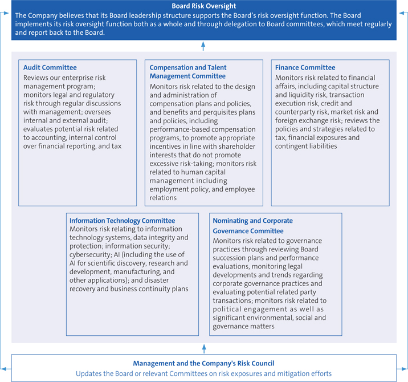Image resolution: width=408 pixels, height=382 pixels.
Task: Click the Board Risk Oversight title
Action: [x=203, y=6]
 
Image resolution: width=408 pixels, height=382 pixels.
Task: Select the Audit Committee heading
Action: [x=50, y=67]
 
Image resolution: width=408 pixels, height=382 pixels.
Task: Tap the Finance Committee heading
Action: [x=305, y=67]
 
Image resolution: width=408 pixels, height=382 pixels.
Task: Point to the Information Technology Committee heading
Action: [x=122, y=220]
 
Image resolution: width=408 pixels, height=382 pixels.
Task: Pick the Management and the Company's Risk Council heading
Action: [x=203, y=363]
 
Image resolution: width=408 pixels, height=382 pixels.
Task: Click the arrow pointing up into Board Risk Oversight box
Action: [x=203, y=46]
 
